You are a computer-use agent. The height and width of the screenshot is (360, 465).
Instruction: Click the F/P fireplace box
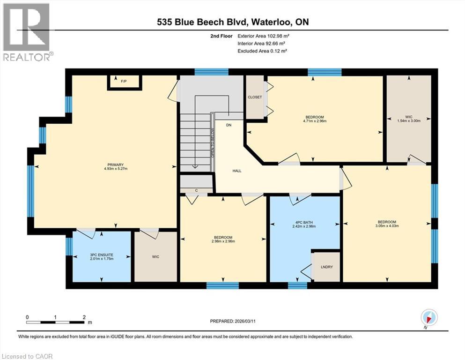pos(124,82)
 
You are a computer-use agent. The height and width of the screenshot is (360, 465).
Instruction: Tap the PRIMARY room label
pos(115,165)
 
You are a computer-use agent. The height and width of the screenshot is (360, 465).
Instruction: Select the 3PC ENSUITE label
pos(102,255)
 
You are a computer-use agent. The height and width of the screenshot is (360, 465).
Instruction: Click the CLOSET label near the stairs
pos(255,97)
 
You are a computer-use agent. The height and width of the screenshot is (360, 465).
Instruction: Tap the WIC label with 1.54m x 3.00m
pos(407,117)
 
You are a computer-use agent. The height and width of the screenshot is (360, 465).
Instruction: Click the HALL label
pos(237,171)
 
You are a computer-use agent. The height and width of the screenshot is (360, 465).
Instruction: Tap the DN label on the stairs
pos(229,125)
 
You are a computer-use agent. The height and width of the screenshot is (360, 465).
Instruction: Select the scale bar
pos(56,322)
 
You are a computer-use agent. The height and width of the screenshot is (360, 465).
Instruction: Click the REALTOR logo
pos(27,32)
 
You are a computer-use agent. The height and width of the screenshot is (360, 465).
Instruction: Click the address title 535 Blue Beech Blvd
pos(202,22)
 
